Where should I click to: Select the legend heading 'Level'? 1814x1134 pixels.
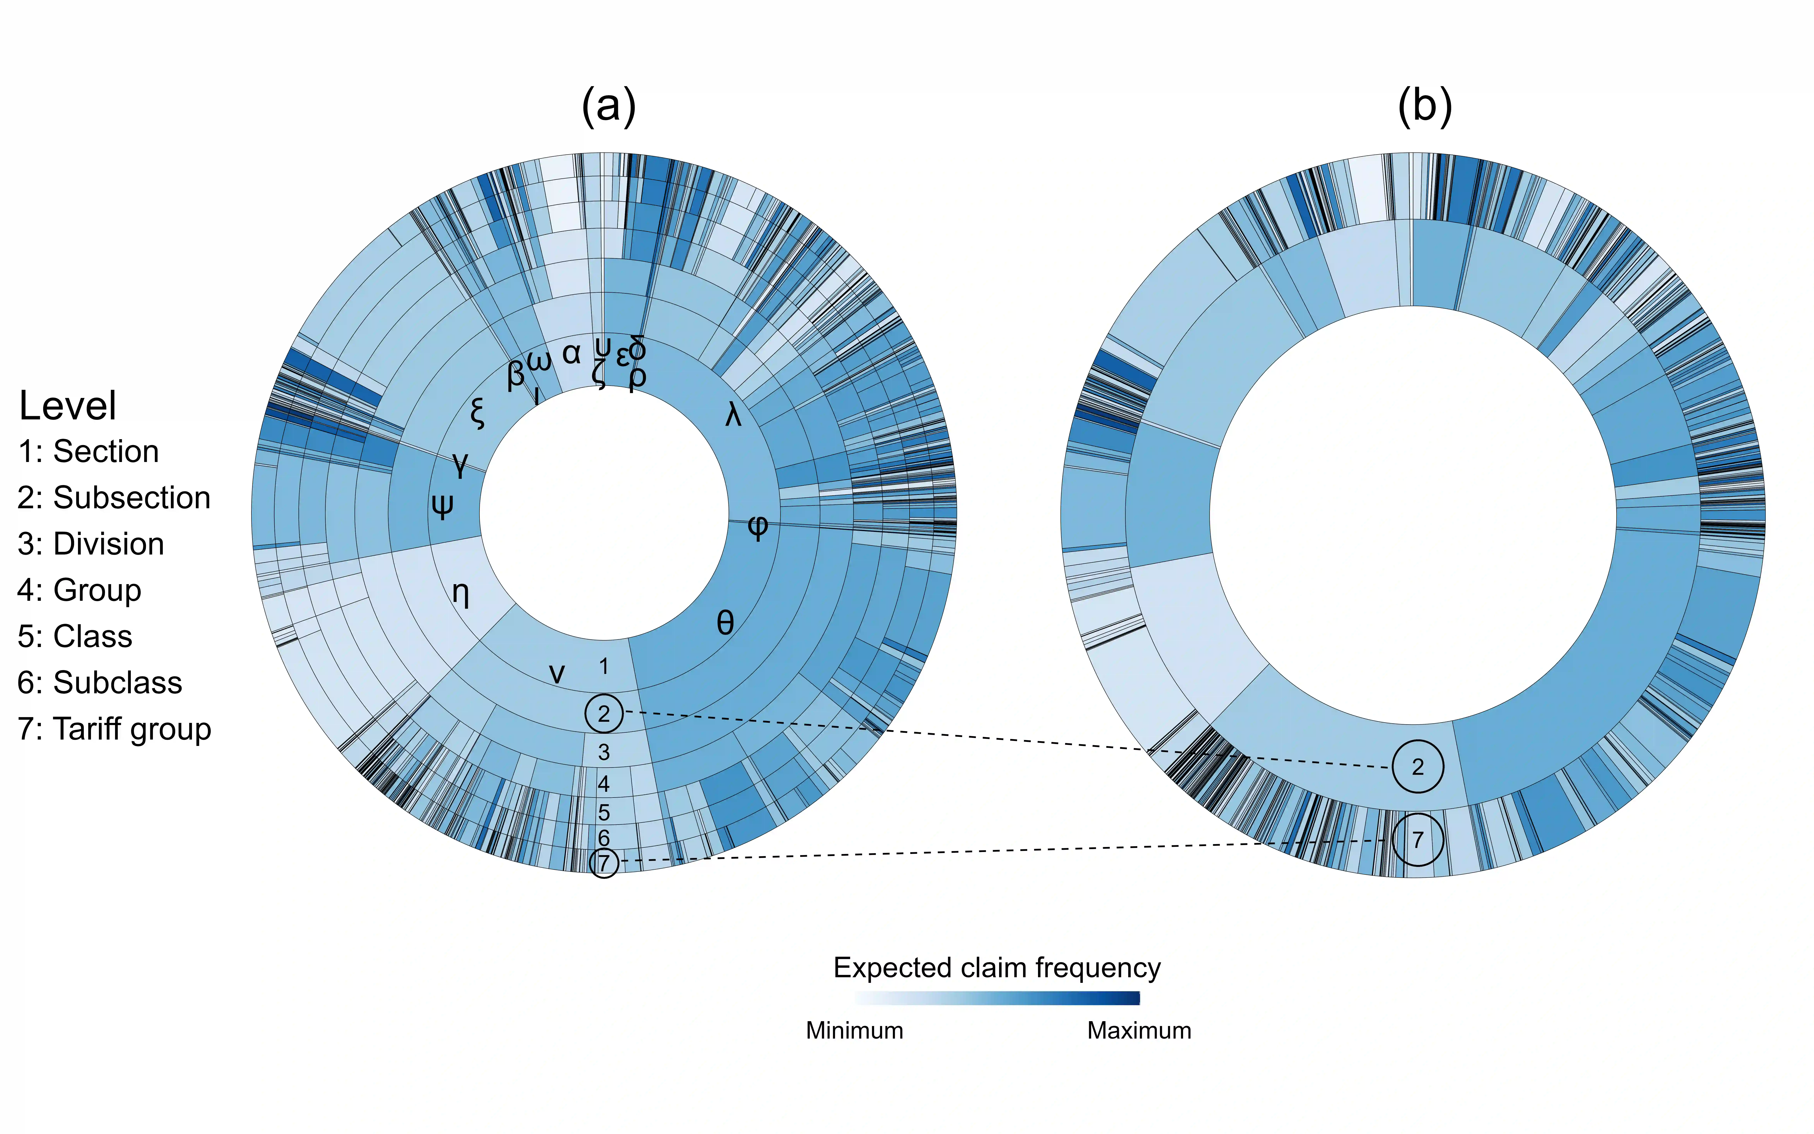[68, 406]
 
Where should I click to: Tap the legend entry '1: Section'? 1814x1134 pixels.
[88, 452]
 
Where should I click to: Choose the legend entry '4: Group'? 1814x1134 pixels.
[80, 590]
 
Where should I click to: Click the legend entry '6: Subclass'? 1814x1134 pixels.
[100, 682]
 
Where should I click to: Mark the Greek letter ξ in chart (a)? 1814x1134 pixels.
[477, 412]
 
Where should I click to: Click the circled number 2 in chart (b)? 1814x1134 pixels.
[1417, 766]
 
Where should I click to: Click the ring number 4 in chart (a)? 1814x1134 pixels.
[604, 784]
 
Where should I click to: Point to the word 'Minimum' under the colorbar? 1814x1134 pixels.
[854, 1030]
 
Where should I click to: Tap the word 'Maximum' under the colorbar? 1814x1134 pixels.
[1138, 1030]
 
